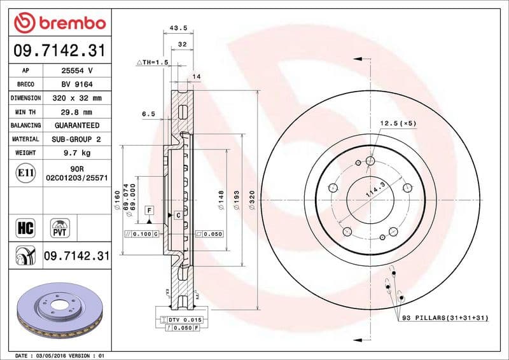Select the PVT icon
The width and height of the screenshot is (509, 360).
[x=60, y=227]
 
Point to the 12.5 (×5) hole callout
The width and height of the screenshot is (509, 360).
[x=398, y=123]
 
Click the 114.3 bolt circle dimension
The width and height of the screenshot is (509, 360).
[x=375, y=189]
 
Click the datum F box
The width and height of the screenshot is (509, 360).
[x=149, y=209]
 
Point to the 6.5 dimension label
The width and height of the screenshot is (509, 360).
[x=148, y=114]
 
